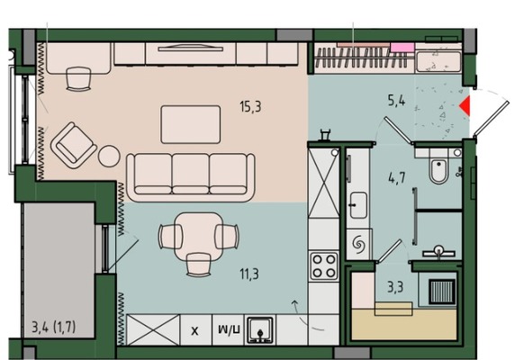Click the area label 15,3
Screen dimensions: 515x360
[x=250, y=107]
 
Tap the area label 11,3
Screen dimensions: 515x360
[x=249, y=274]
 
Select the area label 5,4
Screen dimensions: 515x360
[x=396, y=100]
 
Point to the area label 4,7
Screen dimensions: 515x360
[x=396, y=178]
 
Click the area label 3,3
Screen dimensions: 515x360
[x=395, y=287]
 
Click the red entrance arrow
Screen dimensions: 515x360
[x=465, y=105]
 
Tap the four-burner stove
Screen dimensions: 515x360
[x=324, y=266]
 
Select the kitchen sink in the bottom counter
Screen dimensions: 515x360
[x=260, y=329]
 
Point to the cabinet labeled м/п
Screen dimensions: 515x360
[x=229, y=329]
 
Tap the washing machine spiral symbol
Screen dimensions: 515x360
[x=358, y=245]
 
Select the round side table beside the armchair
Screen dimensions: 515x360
[x=109, y=156]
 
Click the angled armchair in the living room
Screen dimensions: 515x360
[x=73, y=146]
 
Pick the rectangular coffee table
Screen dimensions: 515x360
[x=191, y=124]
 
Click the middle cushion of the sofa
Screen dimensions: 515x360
[x=191, y=174]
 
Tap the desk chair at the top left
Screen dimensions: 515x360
[x=78, y=79]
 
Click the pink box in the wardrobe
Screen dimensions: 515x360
[x=402, y=48]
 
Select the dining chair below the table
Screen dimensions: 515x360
[x=198, y=265]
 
